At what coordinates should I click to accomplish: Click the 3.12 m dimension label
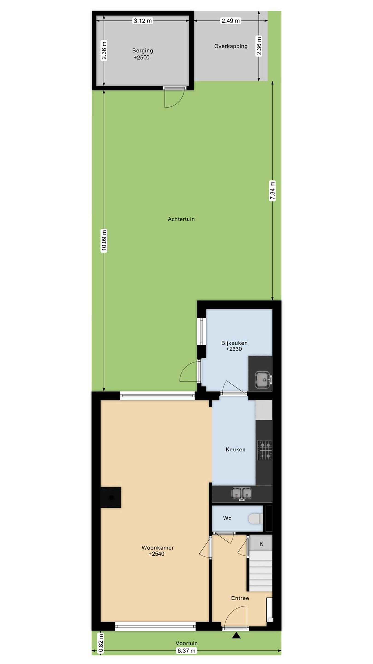point(143,21)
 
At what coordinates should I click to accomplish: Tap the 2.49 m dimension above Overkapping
point(230,21)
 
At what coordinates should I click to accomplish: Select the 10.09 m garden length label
point(104,240)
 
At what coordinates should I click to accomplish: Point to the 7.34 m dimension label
point(272,190)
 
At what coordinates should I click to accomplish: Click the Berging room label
point(142,50)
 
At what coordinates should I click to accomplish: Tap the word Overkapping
point(231,46)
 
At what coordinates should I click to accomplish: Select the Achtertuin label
point(181,219)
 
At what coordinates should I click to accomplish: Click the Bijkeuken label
point(234,343)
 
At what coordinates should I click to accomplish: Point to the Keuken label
point(235,450)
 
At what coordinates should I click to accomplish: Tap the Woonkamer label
point(157,548)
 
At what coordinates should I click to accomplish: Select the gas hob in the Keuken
point(265,450)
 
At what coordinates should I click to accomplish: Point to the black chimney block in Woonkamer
point(111,497)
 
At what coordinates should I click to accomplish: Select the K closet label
point(261,544)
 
